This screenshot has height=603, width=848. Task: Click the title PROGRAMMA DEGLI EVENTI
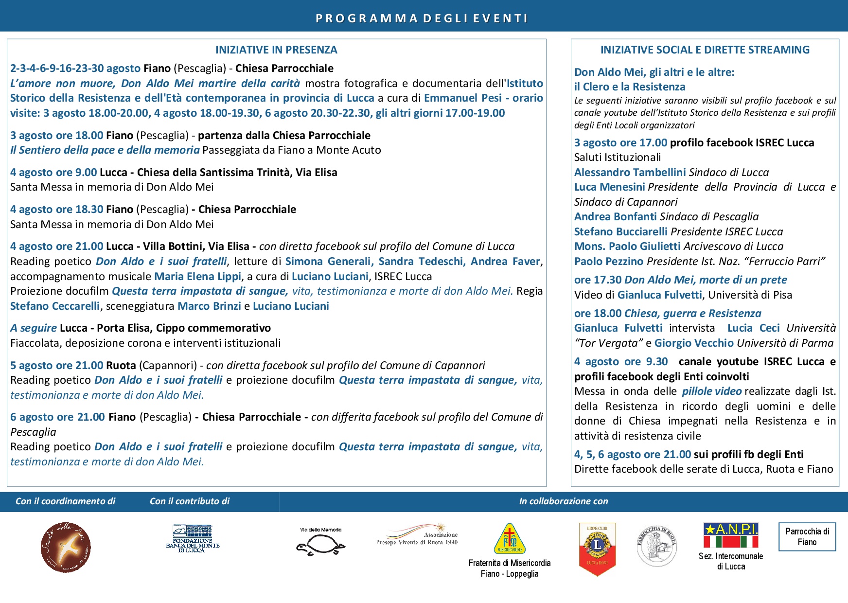(x=422, y=18)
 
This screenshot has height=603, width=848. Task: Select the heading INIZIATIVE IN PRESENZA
(x=276, y=50)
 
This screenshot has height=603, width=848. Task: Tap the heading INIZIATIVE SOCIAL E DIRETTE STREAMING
(x=705, y=50)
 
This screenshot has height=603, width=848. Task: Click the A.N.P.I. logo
(x=731, y=535)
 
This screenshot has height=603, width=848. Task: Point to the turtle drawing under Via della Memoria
(x=320, y=545)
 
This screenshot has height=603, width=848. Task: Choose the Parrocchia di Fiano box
(x=807, y=537)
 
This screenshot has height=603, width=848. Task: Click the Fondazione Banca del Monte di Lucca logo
(x=193, y=538)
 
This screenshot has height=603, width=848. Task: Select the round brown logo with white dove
(x=66, y=548)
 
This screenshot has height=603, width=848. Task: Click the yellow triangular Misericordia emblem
(x=509, y=539)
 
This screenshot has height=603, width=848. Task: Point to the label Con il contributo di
(x=189, y=501)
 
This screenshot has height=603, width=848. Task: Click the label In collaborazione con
(x=563, y=501)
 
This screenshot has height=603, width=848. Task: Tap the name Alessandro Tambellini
(x=630, y=172)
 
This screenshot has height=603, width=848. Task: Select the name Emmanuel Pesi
(x=462, y=98)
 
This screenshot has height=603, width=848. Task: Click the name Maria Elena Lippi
(x=197, y=276)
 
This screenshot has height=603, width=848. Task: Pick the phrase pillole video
(x=711, y=391)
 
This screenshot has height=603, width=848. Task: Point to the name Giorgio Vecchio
(x=694, y=343)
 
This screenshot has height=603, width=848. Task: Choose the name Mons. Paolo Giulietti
(x=627, y=246)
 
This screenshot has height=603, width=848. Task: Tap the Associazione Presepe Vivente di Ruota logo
(x=417, y=535)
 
